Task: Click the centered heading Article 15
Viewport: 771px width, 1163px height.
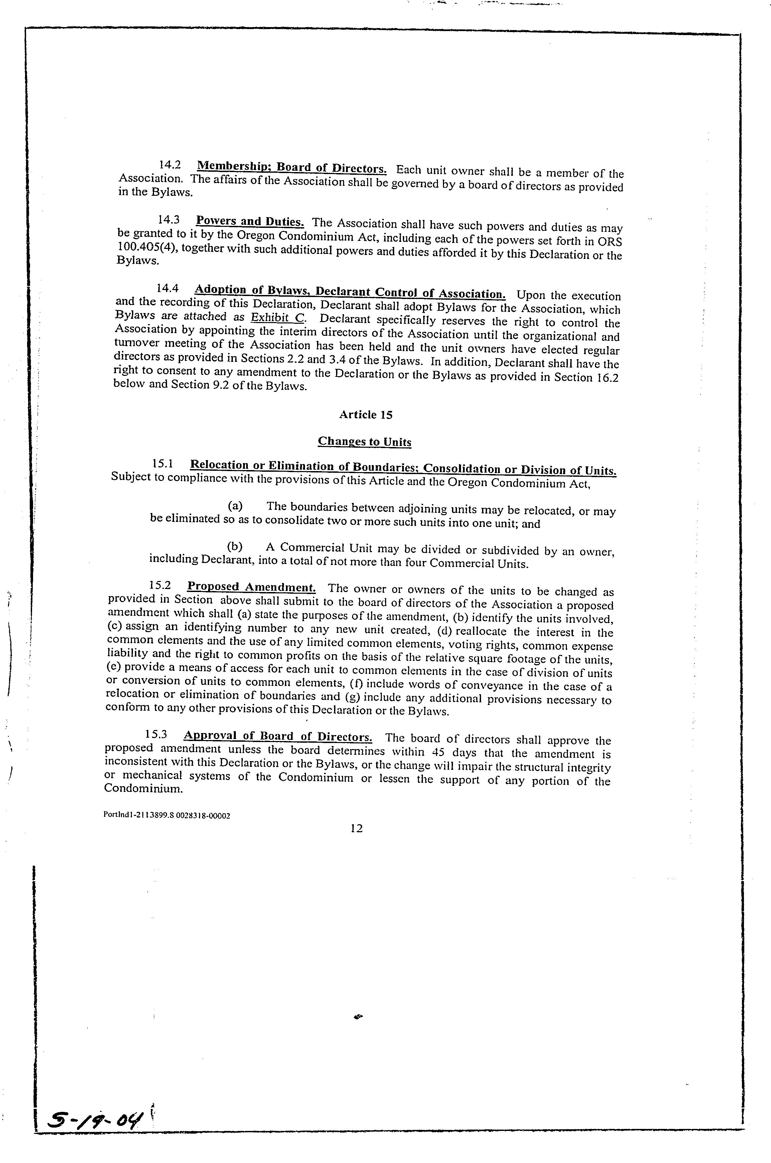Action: [366, 415]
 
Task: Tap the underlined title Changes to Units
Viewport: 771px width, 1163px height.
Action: [364, 441]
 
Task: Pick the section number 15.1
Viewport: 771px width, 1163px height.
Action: [162, 463]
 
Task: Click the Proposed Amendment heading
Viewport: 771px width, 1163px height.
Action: [251, 587]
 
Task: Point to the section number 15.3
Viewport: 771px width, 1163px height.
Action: [156, 735]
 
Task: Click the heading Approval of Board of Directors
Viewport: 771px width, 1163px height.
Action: [278, 736]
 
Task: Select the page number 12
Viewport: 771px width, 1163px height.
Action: [356, 828]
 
